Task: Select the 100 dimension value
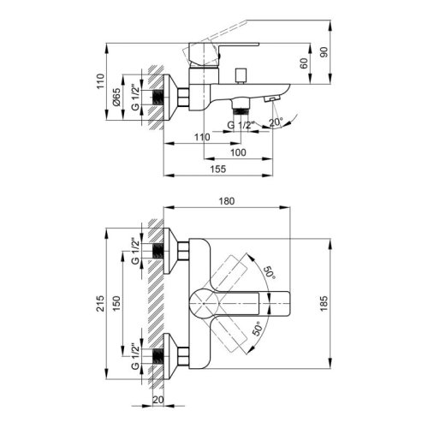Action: tap(238, 152)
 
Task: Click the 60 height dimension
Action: tap(304, 62)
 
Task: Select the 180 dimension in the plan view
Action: tap(227, 201)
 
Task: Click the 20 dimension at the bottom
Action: tap(159, 397)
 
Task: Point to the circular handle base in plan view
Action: tap(204, 301)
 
